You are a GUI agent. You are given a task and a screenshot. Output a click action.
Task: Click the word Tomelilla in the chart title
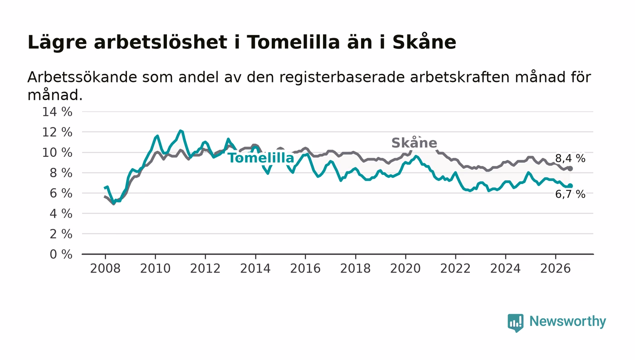[x=293, y=43]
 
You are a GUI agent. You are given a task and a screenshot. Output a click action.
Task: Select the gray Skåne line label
[x=414, y=142]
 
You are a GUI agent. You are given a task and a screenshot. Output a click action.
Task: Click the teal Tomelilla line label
[x=261, y=158]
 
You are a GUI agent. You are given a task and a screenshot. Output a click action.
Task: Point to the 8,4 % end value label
[x=570, y=158]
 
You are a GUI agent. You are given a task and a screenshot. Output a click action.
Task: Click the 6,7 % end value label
[x=570, y=194]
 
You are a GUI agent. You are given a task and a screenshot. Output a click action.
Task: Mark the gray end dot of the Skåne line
[x=571, y=168]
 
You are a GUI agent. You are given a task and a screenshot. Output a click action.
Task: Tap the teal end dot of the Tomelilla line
[x=571, y=186]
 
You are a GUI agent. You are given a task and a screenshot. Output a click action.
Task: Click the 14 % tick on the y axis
[x=57, y=112]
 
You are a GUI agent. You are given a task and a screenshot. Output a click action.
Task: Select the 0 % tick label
[x=61, y=254]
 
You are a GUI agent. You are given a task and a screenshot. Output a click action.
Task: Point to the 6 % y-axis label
[x=61, y=193]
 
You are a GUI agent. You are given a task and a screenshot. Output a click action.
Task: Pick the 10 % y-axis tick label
[x=57, y=152]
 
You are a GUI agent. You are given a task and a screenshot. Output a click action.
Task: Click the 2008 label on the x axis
[x=105, y=268]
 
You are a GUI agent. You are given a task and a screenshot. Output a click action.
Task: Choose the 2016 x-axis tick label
[x=305, y=268]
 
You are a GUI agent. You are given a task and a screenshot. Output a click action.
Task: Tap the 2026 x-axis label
[x=555, y=268]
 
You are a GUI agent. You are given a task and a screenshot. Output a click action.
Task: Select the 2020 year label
[x=405, y=268]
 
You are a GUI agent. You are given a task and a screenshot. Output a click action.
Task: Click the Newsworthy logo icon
[x=516, y=323]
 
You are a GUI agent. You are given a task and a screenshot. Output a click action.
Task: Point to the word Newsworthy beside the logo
[x=568, y=321]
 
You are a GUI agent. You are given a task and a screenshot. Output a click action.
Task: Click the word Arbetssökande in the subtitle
[x=82, y=77]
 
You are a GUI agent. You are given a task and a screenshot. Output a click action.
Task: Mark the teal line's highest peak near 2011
[x=181, y=131]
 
